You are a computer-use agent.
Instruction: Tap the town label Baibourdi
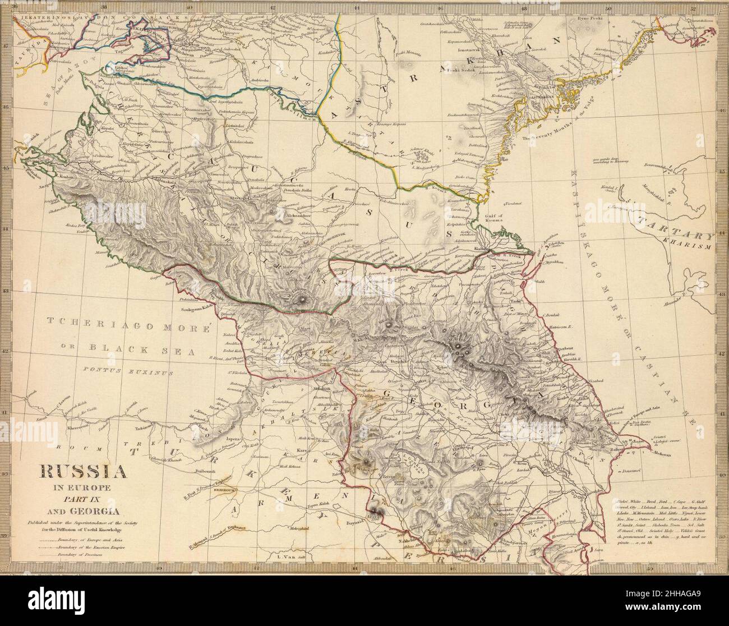click(x=204, y=469)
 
